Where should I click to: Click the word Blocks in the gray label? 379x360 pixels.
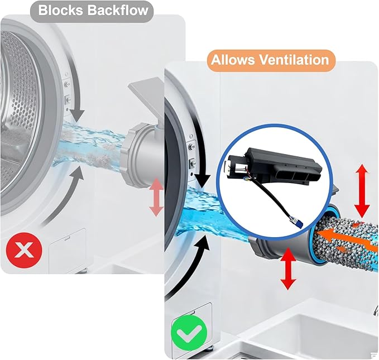(x=60, y=11)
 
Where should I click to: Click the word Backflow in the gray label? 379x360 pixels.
(x=117, y=11)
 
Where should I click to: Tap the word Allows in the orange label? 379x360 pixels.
(x=233, y=60)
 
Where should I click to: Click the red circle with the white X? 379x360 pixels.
(x=24, y=250)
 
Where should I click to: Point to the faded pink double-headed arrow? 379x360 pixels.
(x=156, y=198)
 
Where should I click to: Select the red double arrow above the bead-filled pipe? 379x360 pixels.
(x=362, y=191)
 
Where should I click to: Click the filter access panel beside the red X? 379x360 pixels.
(x=68, y=250)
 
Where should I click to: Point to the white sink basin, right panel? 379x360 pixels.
(x=312, y=336)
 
